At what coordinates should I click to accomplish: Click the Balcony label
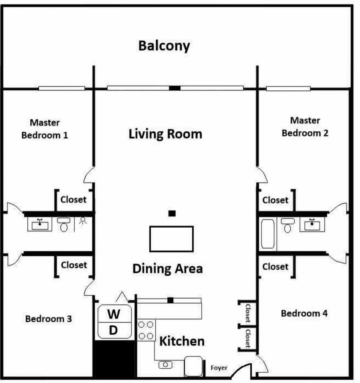pos(164,46)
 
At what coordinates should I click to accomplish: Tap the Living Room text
pos(165,134)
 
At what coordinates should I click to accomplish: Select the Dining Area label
pos(168,269)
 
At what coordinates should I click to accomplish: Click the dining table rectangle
pos(171,239)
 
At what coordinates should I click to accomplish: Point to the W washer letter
pos(114,314)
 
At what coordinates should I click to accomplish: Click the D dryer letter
pos(113,330)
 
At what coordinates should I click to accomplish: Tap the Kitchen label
pos(182,341)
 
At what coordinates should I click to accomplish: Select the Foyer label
pos(219,368)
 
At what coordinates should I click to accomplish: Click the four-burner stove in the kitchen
pos(146,330)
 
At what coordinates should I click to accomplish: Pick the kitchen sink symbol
pos(165,365)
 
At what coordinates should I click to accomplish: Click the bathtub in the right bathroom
pos(268,234)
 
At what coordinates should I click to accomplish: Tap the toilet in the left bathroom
pos(64,224)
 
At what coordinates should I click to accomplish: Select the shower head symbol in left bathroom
pos(83,220)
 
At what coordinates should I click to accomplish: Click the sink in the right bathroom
pos(312,224)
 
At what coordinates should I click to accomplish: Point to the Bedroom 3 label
pos(49,319)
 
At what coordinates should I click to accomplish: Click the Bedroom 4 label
pos(304,313)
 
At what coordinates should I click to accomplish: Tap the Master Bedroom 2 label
pos(305,127)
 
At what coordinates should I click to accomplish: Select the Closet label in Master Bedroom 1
pos(73,200)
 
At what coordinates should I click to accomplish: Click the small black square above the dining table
pos(172,213)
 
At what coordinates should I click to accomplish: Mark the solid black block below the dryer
pos(114,359)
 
